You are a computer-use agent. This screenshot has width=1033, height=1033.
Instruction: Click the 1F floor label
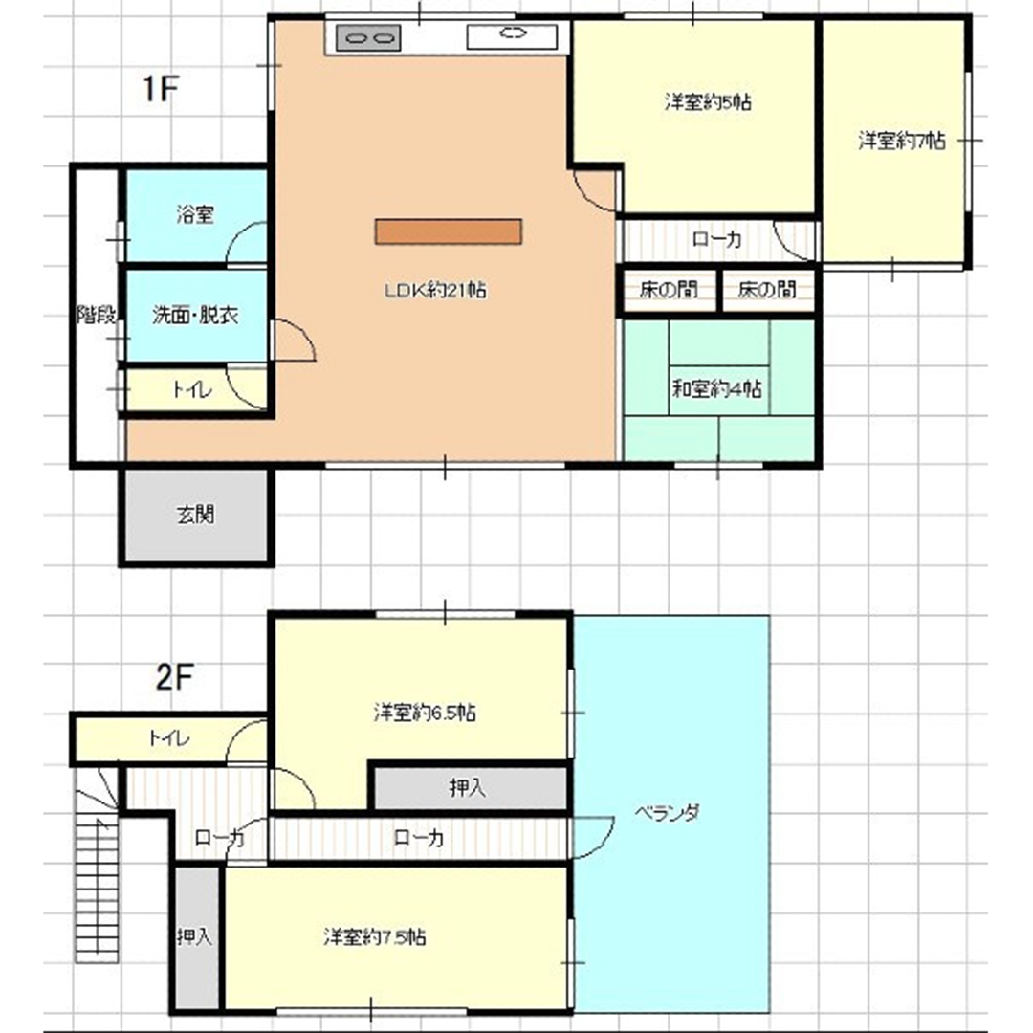tap(161, 88)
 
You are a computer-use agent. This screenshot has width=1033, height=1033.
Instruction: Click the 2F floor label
tap(175, 676)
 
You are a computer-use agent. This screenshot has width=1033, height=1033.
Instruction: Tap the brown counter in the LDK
tap(449, 231)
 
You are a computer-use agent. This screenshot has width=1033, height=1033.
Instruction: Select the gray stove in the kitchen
tap(368, 38)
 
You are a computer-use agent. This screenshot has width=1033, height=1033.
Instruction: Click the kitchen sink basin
tap(512, 37)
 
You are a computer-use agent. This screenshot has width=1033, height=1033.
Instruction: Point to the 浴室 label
tap(195, 215)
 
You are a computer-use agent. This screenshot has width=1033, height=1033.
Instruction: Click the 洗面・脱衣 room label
tap(195, 315)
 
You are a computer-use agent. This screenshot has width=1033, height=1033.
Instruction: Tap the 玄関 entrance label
tap(196, 515)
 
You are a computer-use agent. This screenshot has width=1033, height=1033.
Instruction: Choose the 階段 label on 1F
tap(97, 315)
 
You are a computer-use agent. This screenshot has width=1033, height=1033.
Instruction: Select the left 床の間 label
tap(669, 289)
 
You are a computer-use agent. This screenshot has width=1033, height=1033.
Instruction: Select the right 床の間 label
tap(767, 289)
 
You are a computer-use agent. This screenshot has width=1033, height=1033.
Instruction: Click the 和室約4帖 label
tap(716, 389)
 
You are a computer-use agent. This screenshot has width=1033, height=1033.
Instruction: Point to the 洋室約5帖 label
tap(708, 102)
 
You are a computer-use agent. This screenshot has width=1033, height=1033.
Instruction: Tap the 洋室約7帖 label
tap(902, 141)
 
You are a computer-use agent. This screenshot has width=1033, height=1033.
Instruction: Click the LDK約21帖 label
tap(435, 290)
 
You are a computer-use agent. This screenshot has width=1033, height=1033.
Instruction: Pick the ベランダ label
tap(667, 813)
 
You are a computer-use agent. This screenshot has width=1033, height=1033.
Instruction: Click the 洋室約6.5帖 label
tap(425, 713)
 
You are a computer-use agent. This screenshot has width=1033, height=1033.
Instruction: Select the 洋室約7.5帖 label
tap(374, 936)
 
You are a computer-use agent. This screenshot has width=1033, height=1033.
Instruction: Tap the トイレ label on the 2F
tap(169, 737)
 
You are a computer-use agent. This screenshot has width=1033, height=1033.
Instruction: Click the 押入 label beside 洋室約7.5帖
tap(195, 936)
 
